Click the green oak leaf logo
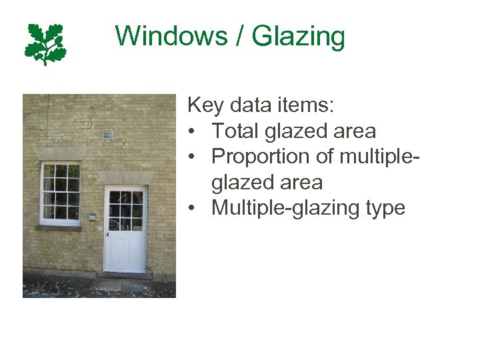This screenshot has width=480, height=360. (x=45, y=44)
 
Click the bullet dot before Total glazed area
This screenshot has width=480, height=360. (x=192, y=132)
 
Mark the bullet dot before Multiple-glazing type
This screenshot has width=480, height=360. (x=192, y=208)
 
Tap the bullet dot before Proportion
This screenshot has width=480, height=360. (x=192, y=157)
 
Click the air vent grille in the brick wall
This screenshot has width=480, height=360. (x=108, y=135)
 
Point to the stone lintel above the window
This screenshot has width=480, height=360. (x=60, y=154)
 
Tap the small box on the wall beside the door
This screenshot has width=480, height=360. (x=92, y=217)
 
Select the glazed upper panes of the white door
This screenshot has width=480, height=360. (x=125, y=210)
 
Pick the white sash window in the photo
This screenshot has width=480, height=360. (x=60, y=193)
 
